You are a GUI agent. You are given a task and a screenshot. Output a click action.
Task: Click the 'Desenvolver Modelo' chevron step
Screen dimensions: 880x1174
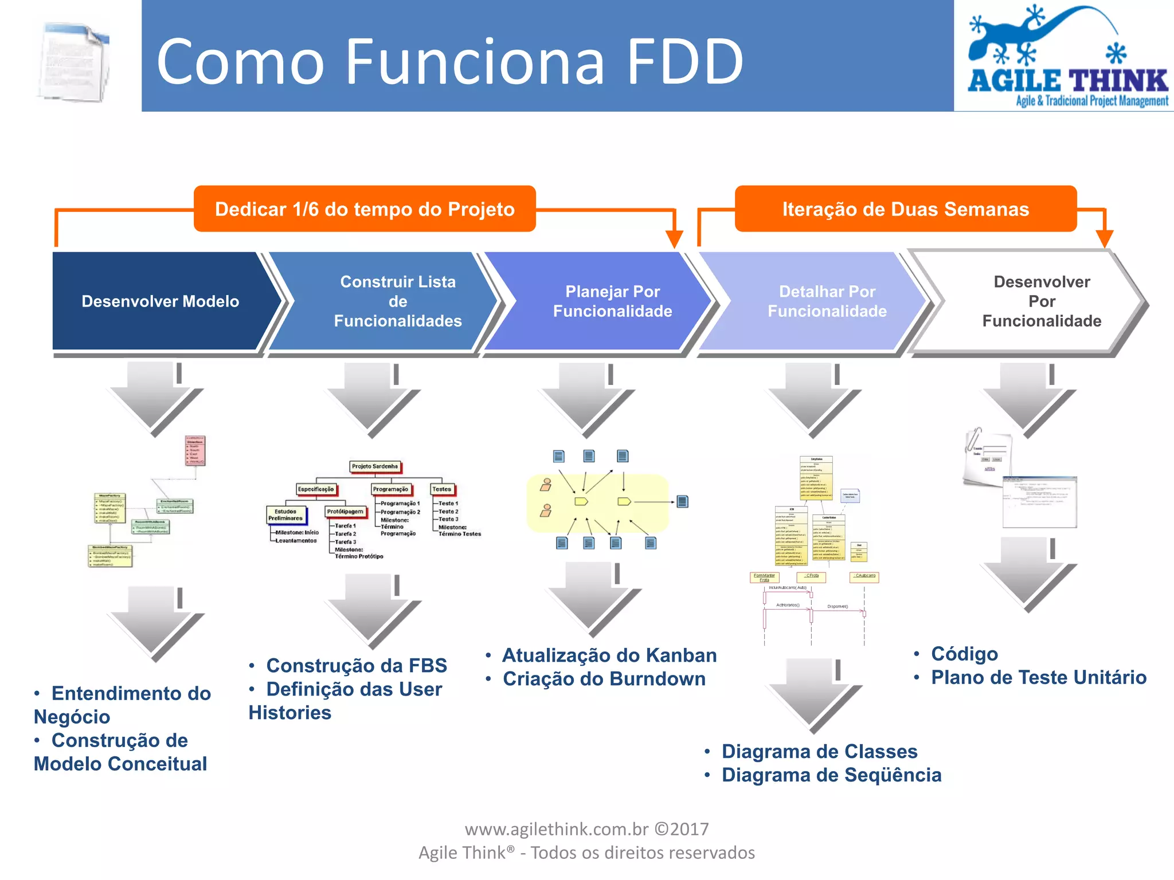pos(160,301)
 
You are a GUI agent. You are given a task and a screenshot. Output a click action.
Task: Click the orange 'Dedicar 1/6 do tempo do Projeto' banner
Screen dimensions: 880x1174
pos(365,209)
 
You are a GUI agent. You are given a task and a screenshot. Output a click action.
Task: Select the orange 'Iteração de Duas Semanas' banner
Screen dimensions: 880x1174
pos(906,209)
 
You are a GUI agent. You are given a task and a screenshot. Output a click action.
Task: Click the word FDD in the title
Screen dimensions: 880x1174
pos(685,61)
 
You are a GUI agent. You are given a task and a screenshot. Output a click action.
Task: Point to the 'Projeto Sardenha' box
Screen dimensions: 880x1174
pos(375,466)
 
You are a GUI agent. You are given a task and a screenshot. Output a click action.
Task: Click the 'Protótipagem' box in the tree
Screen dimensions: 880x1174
pos(345,511)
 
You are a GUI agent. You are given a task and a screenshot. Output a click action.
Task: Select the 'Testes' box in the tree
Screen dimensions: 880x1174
pos(442,489)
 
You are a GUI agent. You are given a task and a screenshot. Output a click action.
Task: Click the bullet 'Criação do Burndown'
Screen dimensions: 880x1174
pos(604,679)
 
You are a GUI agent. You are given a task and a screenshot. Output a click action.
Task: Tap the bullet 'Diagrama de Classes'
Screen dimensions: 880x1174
pos(819,751)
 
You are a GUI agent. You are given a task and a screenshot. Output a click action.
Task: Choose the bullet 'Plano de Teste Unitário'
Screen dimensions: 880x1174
pos(1038,677)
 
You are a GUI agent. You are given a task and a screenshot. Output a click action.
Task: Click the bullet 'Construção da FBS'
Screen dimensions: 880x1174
pos(356,666)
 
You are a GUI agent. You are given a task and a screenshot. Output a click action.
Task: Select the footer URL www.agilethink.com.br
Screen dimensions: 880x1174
pos(556,829)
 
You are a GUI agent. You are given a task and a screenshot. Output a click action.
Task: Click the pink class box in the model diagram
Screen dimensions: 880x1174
pos(195,450)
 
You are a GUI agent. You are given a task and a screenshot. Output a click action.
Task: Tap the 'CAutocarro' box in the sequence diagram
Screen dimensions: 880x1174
pos(864,576)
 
